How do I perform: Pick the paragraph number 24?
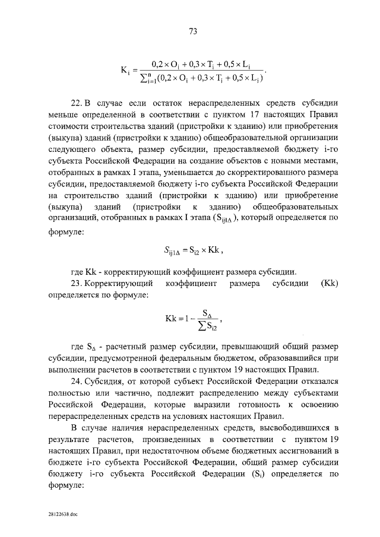point(75,381)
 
